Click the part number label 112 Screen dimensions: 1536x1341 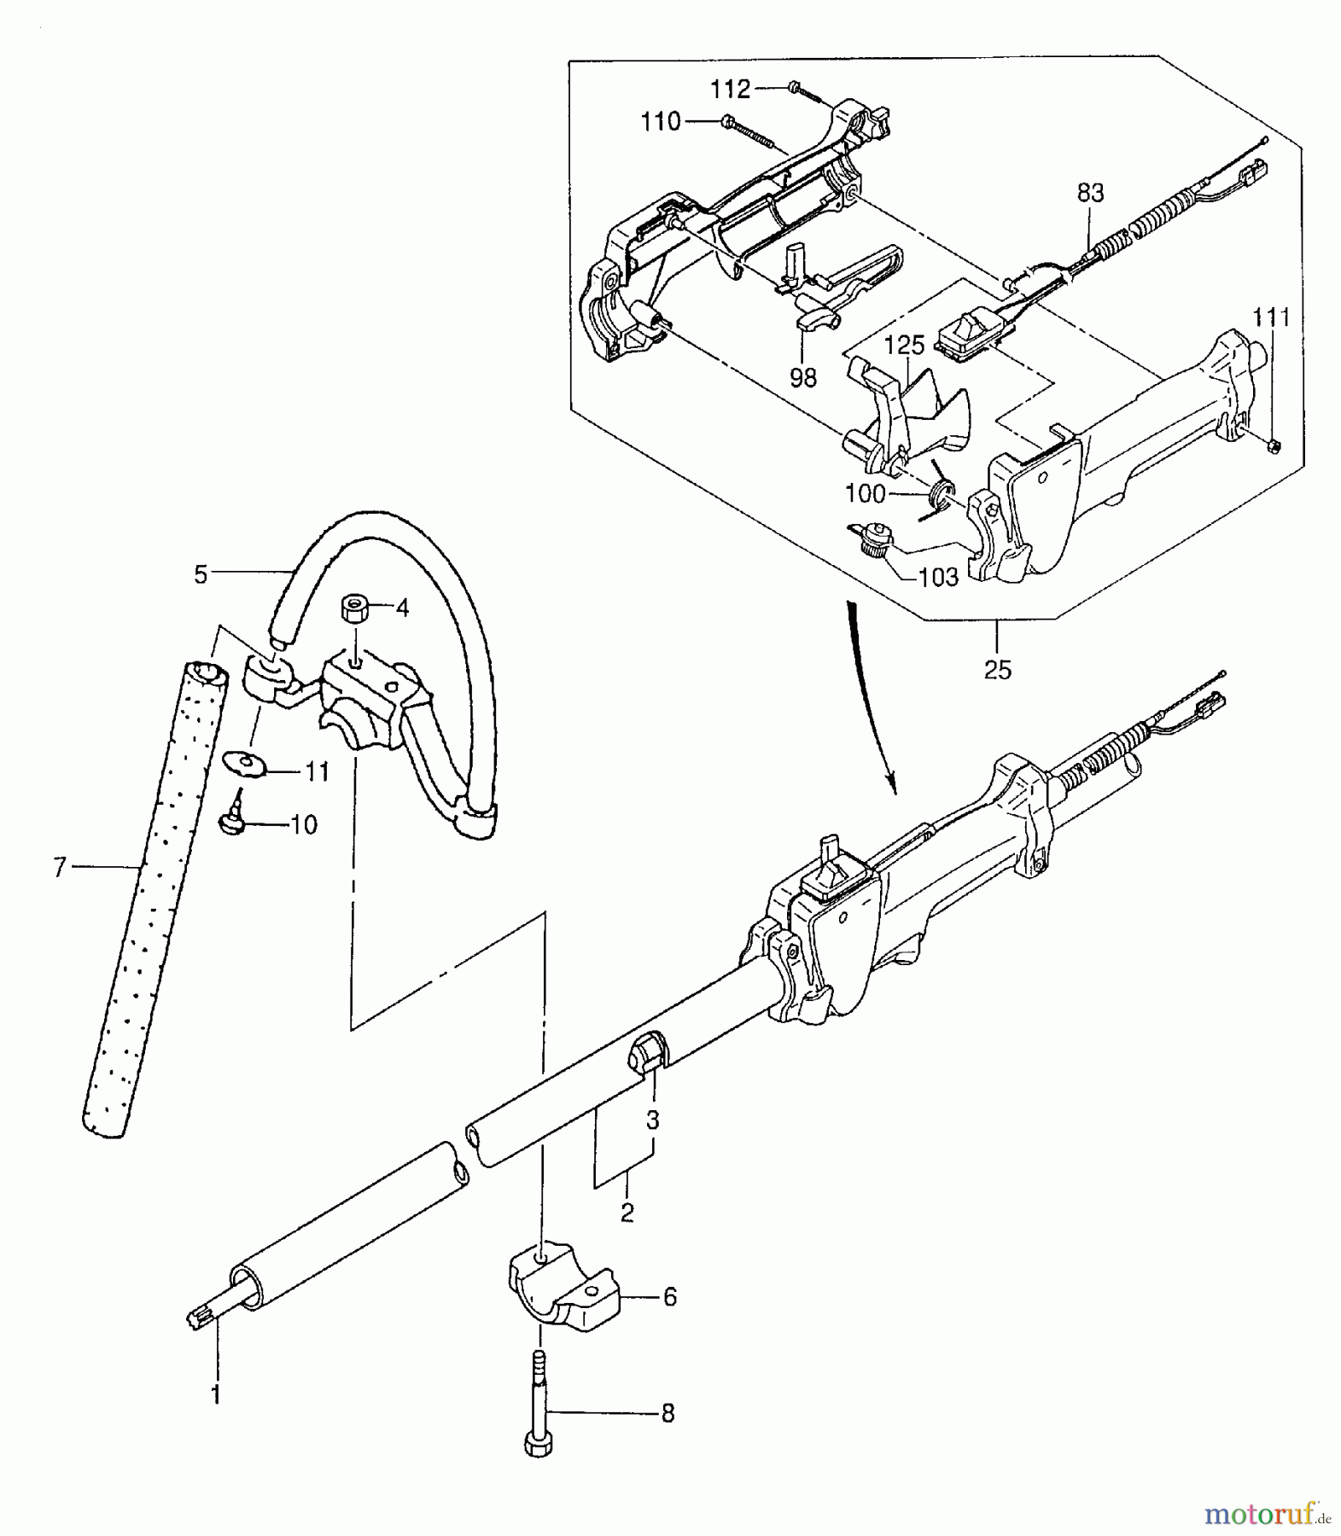pyautogui.click(x=730, y=89)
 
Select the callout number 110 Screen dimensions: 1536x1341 pyautogui.click(x=662, y=122)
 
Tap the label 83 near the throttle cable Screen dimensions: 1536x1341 pyautogui.click(x=1090, y=194)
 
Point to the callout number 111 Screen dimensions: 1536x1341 pyautogui.click(x=1272, y=317)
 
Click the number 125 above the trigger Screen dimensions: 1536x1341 pyautogui.click(x=904, y=346)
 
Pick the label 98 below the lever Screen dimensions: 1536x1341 pyautogui.click(x=802, y=377)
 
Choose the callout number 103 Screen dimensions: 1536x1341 pyautogui.click(x=939, y=578)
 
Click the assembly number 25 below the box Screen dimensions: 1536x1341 pyautogui.click(x=997, y=670)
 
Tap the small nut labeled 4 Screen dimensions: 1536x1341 pyautogui.click(x=354, y=609)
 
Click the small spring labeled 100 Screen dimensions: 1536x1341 pyautogui.click(x=942, y=492)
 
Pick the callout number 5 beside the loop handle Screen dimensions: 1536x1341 pyautogui.click(x=201, y=575)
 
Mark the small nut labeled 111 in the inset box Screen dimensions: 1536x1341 pyautogui.click(x=1272, y=443)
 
